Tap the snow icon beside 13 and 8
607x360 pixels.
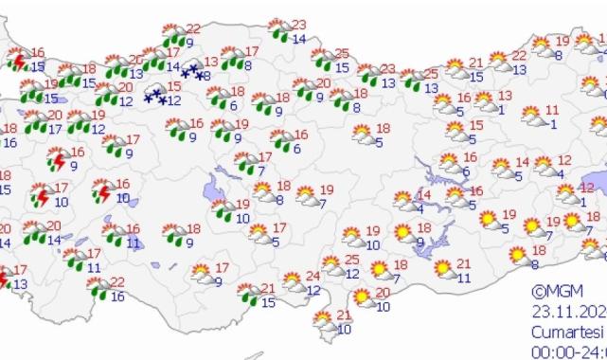pos(190,71)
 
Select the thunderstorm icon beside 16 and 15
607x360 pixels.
pos(17,63)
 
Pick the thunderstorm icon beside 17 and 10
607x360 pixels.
pos(41,197)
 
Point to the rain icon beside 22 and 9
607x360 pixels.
pos(171,37)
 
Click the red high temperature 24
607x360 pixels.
pos(314,276)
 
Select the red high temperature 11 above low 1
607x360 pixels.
pos(552,110)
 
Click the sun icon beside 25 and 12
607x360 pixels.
pos(331,266)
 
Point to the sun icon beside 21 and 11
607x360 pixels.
pos(441,270)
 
